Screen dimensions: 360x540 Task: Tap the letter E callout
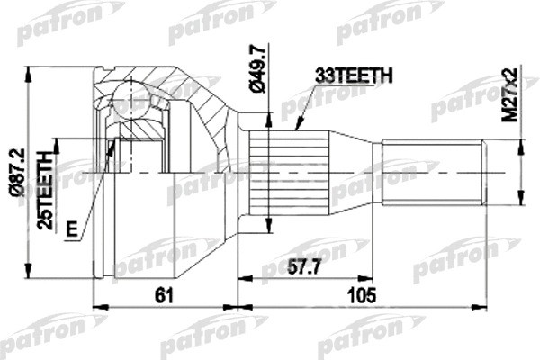coord(71,229)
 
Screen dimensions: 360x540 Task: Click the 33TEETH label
coord(353,77)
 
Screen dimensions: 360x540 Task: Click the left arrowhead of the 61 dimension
coord(96,308)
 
